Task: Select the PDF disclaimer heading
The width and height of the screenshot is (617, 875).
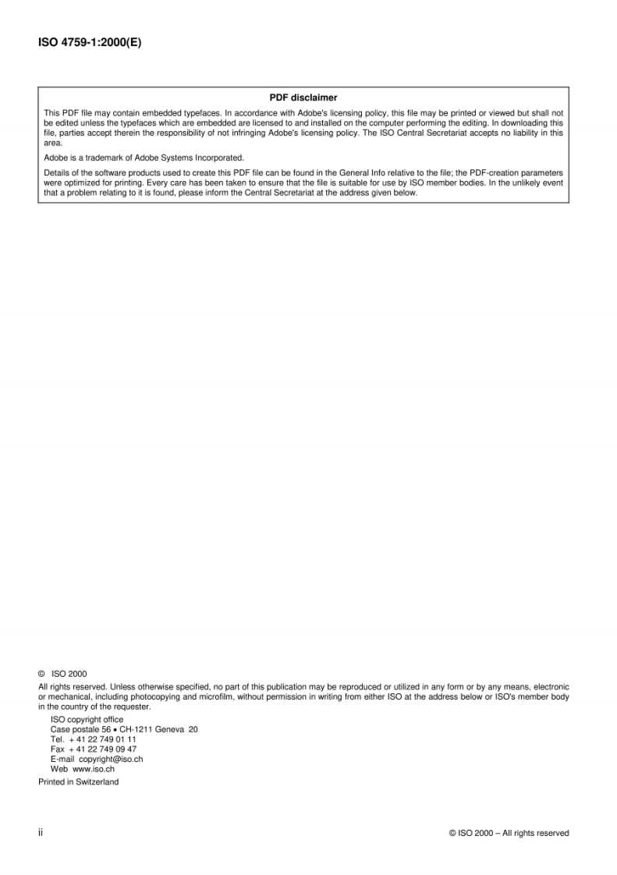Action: pyautogui.click(x=303, y=98)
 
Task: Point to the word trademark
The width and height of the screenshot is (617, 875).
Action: pyautogui.click(x=99, y=158)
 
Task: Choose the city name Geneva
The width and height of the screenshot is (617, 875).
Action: pyautogui.click(x=170, y=729)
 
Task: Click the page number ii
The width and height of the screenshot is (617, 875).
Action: pyautogui.click(x=41, y=833)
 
